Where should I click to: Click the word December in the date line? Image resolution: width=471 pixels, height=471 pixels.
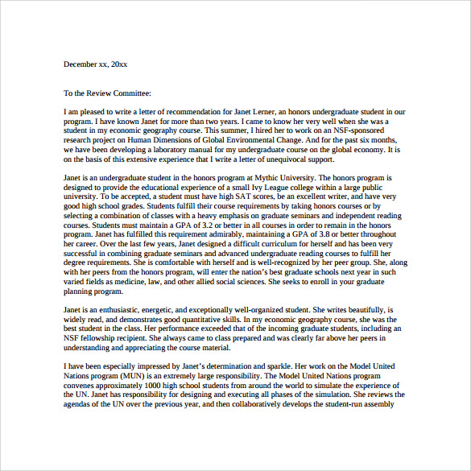pos(81,63)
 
